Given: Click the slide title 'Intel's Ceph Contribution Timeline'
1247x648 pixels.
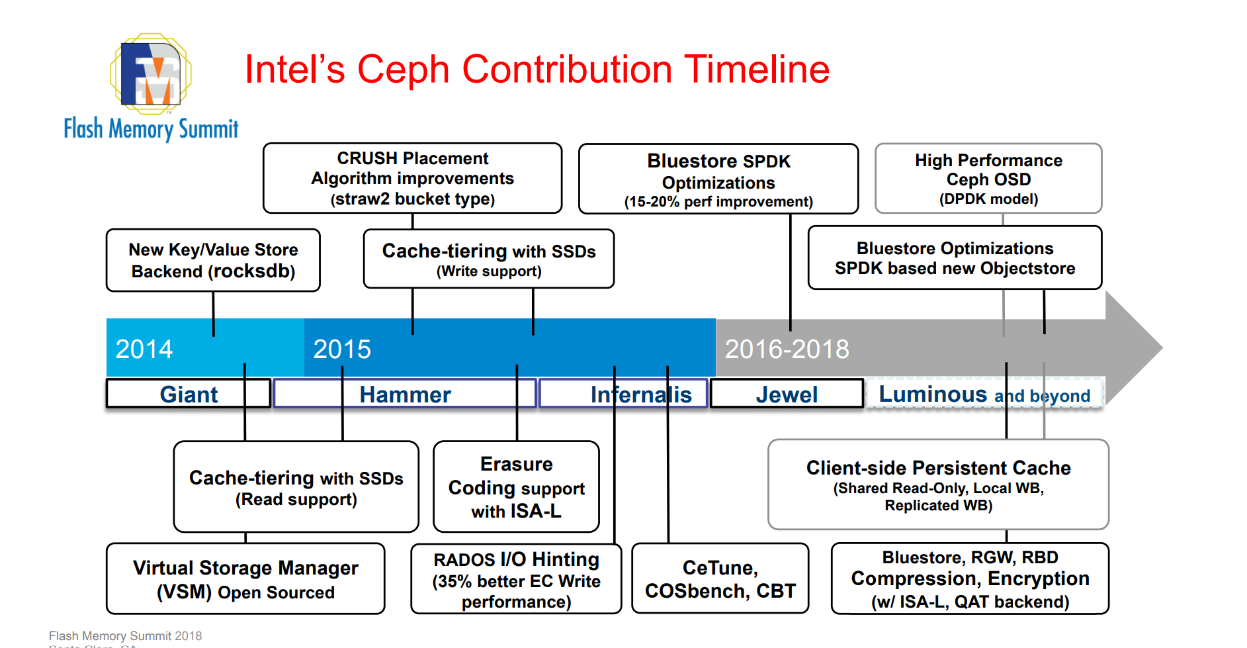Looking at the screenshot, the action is click(537, 69).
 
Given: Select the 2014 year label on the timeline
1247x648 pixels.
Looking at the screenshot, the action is click(144, 349).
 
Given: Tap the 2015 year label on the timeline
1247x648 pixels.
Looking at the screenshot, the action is click(342, 349).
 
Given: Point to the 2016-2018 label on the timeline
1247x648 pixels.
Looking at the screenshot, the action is click(787, 349).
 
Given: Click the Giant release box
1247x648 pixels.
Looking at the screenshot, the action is click(189, 394).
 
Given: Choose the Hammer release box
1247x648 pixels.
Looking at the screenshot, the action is click(405, 394).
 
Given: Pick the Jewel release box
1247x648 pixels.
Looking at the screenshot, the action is click(787, 394).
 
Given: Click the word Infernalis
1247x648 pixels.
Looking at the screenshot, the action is click(641, 394).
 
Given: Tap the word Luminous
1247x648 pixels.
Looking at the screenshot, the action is click(933, 394).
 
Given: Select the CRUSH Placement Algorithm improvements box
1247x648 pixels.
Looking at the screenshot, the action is click(413, 178).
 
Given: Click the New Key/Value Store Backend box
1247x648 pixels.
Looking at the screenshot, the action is click(213, 260).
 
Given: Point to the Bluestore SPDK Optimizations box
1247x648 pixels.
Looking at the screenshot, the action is click(718, 179).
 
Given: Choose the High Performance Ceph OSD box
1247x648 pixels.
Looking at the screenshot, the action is click(988, 179).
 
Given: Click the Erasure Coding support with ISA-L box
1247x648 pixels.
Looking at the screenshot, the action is click(516, 486).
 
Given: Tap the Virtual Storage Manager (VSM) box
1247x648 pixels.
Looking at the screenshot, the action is click(245, 579).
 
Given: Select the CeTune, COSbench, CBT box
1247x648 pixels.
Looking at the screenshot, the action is click(720, 579).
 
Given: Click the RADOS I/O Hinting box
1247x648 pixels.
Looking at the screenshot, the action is click(516, 579).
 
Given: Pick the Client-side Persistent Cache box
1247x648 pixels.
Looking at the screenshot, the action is click(938, 485).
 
